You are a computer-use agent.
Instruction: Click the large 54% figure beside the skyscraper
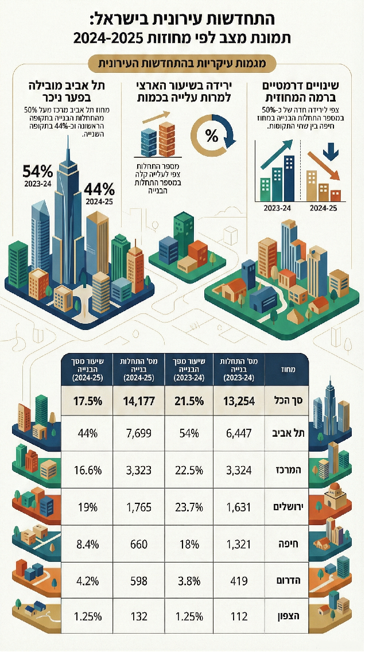(38, 171)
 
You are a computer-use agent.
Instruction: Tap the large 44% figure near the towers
(99, 189)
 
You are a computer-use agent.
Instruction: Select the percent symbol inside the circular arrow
(211, 137)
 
